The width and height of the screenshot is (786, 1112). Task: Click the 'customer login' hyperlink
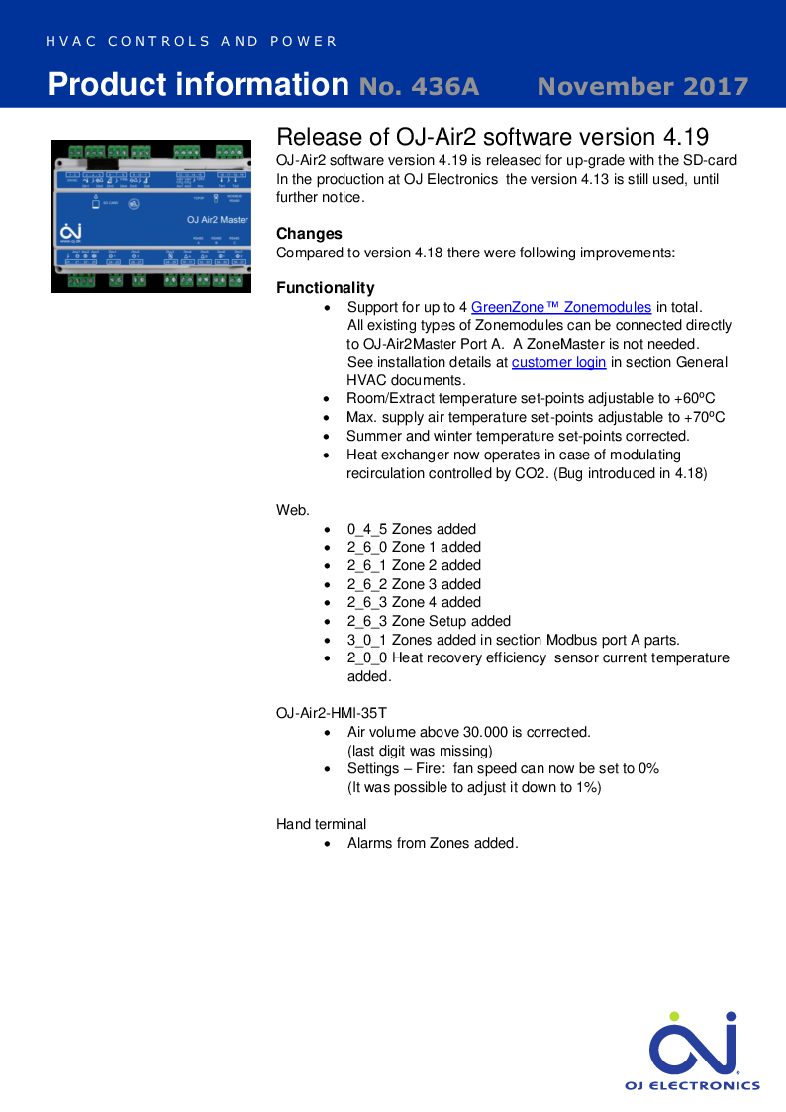point(558,362)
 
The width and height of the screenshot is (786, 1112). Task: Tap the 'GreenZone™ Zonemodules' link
point(561,307)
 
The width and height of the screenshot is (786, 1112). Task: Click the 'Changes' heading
point(309,234)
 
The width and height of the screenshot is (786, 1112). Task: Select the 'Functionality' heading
point(325,288)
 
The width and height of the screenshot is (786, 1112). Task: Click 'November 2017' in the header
point(642,86)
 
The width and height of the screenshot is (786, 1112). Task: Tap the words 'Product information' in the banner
point(198,85)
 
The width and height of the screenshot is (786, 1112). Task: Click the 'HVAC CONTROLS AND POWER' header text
point(191,42)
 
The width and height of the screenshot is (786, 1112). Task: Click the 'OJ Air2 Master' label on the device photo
point(218,219)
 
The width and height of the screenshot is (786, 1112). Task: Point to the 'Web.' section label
point(293,510)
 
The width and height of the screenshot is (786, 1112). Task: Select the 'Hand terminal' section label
point(321,824)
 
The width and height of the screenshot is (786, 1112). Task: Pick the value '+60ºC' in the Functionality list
point(695,399)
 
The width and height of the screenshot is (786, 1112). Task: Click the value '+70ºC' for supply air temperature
point(705,417)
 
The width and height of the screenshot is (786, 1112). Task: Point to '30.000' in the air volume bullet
point(485,732)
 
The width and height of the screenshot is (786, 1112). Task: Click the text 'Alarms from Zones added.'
point(433,843)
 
